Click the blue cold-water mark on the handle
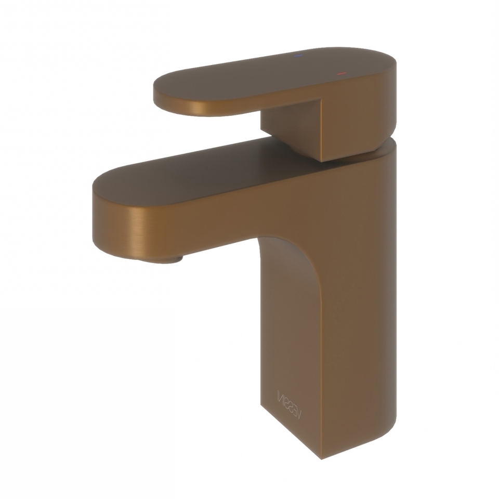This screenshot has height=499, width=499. pyautogui.click(x=298, y=56)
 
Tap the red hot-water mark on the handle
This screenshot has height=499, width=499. pyautogui.click(x=341, y=74)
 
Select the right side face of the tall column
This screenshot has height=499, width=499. pyautogui.click(x=359, y=312)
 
